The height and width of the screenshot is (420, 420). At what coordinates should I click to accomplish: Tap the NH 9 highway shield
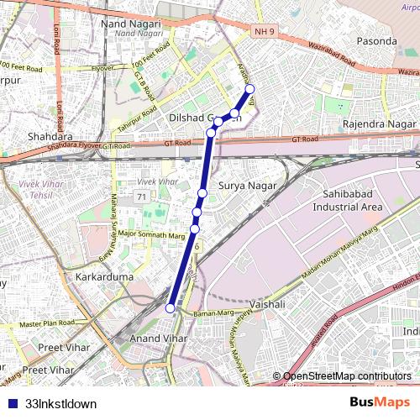[262, 32]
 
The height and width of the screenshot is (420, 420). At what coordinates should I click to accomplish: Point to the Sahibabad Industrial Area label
[347, 200]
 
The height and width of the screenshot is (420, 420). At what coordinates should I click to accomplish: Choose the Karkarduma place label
[99, 276]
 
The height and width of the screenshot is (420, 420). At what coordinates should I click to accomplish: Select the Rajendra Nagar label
[380, 124]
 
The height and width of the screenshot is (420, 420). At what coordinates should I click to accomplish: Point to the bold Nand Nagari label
[131, 24]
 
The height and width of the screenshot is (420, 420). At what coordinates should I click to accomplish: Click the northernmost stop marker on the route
[249, 90]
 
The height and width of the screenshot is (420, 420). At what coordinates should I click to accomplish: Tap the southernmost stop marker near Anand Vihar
[171, 308]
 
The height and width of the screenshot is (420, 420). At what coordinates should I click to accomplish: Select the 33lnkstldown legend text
[61, 403]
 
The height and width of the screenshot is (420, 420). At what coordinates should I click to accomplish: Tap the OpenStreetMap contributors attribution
[346, 376]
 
